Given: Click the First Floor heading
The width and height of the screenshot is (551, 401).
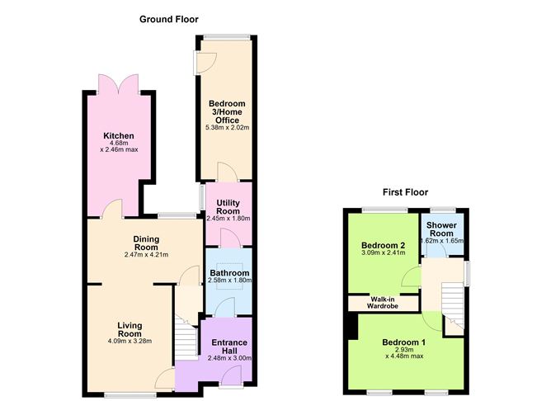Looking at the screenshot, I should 405,192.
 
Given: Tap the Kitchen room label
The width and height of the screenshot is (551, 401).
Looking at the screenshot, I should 118,136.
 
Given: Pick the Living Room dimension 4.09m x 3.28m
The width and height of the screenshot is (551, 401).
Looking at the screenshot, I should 130,341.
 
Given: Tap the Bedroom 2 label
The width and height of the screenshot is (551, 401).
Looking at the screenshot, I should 382,246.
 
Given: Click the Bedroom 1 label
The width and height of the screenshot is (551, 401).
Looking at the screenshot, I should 404,342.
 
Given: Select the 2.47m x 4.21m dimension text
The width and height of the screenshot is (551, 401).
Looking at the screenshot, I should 145,255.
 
